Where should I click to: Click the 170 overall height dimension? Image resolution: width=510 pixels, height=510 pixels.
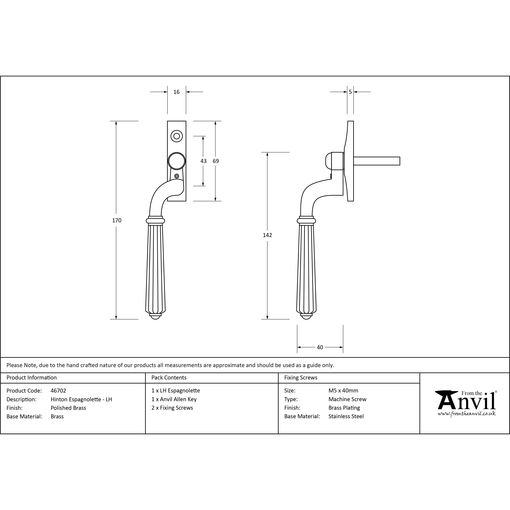point(117,220)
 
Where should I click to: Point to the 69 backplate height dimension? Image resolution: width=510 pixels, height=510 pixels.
point(216,161)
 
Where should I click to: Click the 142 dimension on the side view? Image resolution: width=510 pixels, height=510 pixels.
point(267,235)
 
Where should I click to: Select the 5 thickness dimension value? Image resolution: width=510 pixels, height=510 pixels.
point(350,92)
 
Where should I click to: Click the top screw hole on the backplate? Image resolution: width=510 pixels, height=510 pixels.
point(177,136)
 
